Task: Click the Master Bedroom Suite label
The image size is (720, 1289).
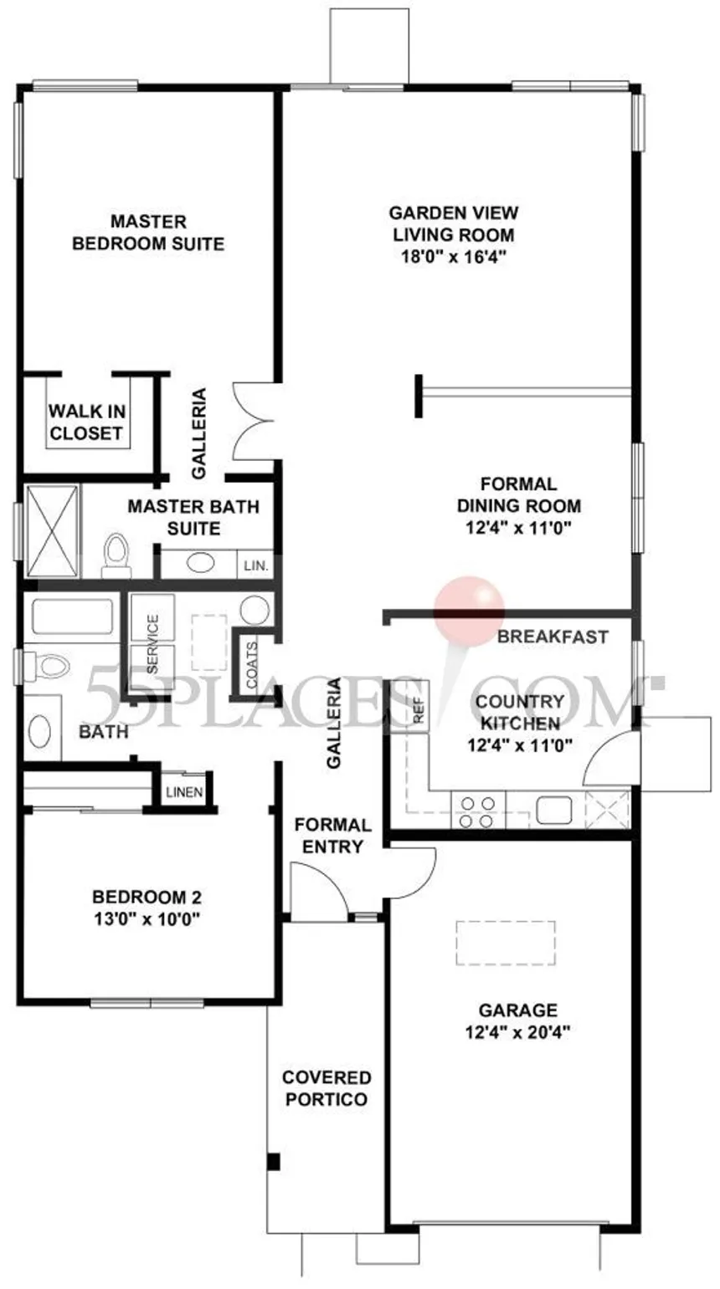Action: coord(149,233)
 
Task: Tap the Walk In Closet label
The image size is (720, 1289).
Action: coord(87,422)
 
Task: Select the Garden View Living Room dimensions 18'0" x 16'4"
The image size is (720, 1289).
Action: coord(453,257)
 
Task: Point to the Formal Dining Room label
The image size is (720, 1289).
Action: coord(519,494)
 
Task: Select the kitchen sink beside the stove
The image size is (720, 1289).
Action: coord(553,810)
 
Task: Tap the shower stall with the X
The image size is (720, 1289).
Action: coord(52,530)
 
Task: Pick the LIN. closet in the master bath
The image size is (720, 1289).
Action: coord(255,565)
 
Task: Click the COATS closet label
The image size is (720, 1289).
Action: coord(252,664)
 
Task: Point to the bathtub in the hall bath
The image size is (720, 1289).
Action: coord(72,616)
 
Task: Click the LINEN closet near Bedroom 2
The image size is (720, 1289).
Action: coord(184,792)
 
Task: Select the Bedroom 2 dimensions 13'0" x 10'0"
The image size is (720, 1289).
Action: coord(147,919)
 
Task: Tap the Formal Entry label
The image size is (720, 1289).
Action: coord(333,836)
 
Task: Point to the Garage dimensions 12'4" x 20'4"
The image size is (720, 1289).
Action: coord(518,1031)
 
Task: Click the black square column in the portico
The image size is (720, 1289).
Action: coord(274,1162)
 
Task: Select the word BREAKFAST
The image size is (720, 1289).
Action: coord(553,637)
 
